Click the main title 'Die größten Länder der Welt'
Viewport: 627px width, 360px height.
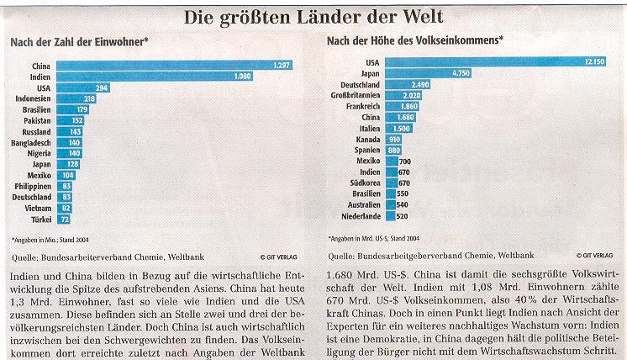tap(313, 15)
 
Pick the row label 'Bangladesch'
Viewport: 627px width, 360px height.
tap(30, 142)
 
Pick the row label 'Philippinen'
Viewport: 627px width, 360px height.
tap(30, 185)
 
